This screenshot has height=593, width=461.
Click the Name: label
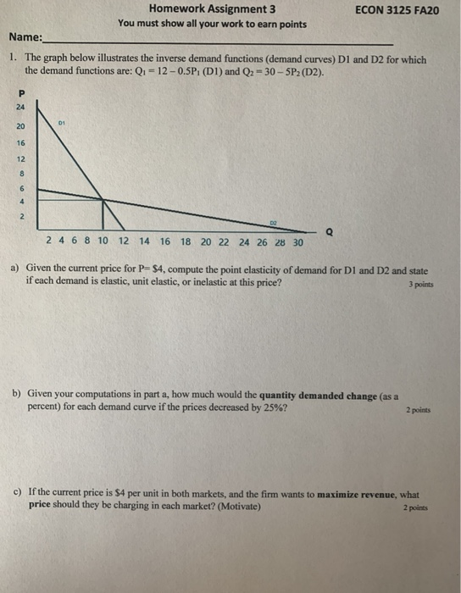tap(25, 38)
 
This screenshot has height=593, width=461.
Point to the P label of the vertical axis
tap(21, 92)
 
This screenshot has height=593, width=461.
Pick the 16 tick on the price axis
tap(20, 144)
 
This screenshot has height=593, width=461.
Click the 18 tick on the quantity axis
tap(186, 241)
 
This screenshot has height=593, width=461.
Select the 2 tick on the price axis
tap(21, 218)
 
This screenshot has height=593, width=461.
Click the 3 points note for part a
tap(419, 285)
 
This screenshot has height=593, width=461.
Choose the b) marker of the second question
tap(16, 395)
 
